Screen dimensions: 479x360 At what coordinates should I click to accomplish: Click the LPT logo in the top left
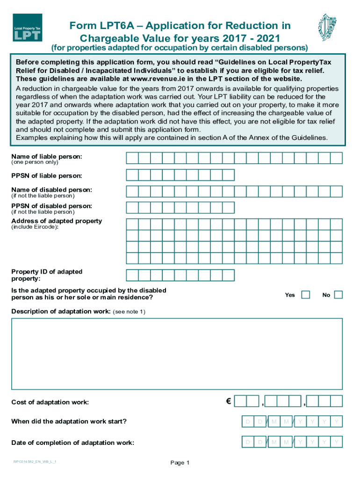coord(28,28)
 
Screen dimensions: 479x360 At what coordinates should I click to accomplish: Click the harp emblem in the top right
coord(327,27)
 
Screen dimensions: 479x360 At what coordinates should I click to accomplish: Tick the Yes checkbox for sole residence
coord(305,295)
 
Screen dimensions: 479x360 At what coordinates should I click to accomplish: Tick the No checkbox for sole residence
coord(338,295)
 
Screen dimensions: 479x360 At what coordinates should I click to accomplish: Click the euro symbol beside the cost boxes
coord(228,401)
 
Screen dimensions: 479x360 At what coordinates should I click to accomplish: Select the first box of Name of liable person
coord(132,158)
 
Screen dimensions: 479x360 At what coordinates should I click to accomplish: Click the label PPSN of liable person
coord(47,176)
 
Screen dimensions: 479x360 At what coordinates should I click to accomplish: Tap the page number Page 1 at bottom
coord(180,463)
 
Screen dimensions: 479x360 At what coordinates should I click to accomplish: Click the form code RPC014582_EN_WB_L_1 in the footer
coord(35,462)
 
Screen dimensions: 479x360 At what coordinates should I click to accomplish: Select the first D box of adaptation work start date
coord(248,422)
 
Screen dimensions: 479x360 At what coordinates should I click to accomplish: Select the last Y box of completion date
coord(336,442)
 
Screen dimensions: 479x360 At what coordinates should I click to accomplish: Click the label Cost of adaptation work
coord(50,402)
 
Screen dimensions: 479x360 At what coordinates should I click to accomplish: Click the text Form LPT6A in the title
coord(96,25)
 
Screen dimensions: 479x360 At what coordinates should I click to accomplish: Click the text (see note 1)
coord(130,312)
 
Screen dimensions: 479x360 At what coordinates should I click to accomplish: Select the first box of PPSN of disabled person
coord(132,207)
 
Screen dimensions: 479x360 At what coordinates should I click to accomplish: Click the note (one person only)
coord(35,162)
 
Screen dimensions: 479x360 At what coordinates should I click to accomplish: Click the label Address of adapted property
coord(57,221)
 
